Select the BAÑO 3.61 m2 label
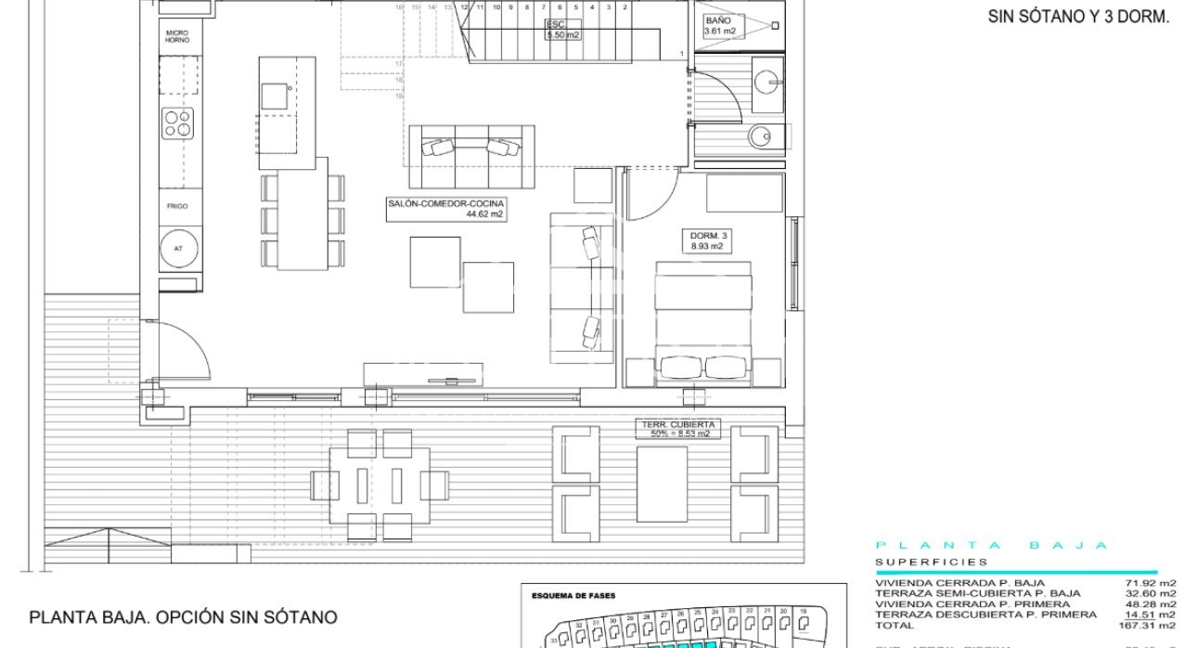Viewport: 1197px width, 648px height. [719, 25]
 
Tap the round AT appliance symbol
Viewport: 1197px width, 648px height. [177, 248]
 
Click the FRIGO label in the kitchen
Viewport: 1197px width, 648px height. [177, 206]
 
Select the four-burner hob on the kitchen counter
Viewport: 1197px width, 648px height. [178, 123]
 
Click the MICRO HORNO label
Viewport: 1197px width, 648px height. [177, 36]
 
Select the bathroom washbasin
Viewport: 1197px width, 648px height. [767, 80]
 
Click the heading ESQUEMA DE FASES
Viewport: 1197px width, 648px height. [573, 596]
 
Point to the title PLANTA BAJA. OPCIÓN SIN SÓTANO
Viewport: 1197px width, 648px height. [183, 617]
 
